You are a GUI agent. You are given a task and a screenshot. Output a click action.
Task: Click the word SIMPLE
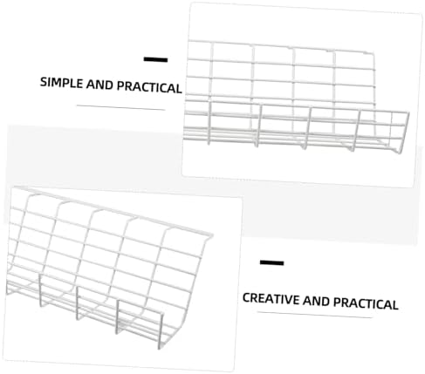tap(61, 82)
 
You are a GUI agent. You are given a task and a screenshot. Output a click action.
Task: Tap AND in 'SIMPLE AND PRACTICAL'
tap(99, 85)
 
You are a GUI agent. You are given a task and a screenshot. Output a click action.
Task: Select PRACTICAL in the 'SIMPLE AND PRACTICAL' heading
tap(149, 87)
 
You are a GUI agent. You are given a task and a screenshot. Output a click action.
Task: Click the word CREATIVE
tap(271, 299)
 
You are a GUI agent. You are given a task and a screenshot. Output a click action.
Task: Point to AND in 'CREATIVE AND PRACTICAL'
tap(316, 301)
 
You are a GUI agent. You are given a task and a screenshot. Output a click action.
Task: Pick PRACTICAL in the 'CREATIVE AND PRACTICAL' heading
tap(366, 303)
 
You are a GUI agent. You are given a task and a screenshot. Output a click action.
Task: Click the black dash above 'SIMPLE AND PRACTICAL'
tap(155, 59)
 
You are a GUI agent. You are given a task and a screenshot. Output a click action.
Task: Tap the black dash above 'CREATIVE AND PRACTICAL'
tap(271, 262)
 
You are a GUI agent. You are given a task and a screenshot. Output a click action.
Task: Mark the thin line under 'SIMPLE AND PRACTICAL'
tap(120, 108)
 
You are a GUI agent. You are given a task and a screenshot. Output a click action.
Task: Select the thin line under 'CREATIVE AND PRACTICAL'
tap(315, 315)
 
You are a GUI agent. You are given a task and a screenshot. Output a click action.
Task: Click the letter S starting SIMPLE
tap(44, 82)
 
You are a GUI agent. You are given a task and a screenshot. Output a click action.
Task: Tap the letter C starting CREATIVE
tap(247, 298)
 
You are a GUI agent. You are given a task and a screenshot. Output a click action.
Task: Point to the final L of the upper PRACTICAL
tap(179, 89)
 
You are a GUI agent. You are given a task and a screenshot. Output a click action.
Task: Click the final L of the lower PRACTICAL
tap(394, 305)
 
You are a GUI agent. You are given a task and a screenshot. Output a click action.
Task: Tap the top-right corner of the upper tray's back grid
tap(373, 54)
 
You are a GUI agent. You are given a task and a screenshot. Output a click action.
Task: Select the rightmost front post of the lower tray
tap(161, 330)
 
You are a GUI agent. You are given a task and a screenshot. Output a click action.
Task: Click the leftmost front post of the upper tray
tap(209, 122)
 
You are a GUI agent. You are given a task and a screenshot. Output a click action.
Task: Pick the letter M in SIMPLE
tap(57, 82)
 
